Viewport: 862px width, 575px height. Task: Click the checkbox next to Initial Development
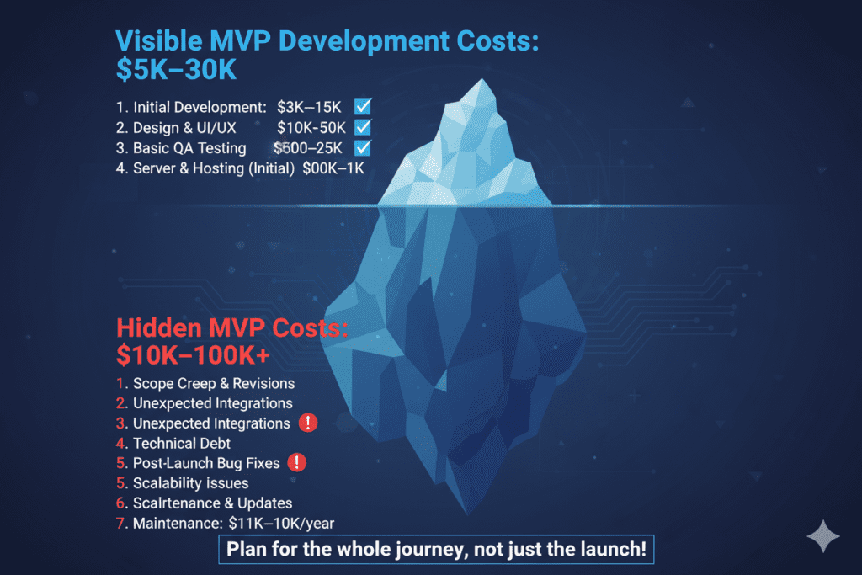364,107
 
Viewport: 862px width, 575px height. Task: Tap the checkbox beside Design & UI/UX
364,128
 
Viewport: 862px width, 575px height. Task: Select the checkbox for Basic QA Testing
364,148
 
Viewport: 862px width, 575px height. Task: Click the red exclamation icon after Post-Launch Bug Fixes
296,462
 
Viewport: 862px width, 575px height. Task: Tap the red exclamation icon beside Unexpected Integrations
308,423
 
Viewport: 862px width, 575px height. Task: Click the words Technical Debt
182,443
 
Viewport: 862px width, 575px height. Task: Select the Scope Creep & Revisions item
214,383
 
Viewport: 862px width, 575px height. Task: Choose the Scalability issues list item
190,483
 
